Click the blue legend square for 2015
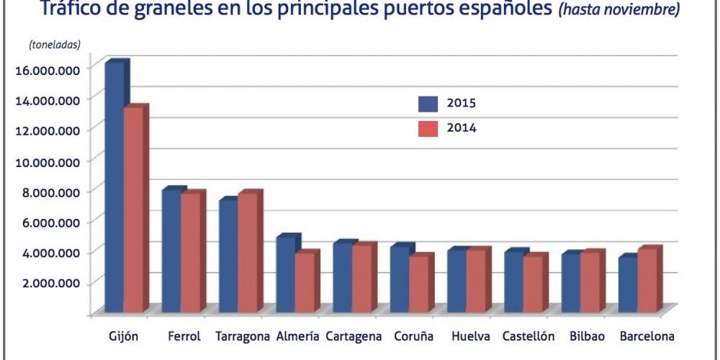tap(428, 104)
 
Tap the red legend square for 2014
tap(428, 129)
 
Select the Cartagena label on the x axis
tap(353, 336)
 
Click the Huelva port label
tap(471, 336)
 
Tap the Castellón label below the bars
tap(528, 336)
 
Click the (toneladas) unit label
tap(55, 45)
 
